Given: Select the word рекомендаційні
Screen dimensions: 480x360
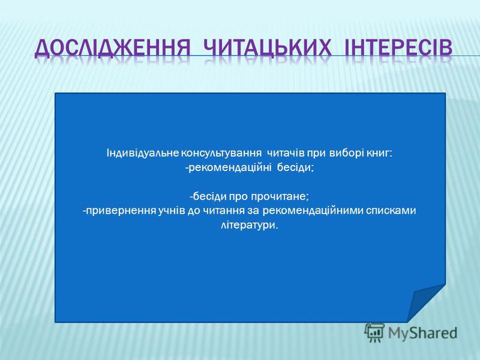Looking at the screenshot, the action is click(x=230, y=168).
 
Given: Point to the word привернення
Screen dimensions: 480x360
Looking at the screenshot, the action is click(x=121, y=211).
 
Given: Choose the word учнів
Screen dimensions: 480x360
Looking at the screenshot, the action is click(x=172, y=211).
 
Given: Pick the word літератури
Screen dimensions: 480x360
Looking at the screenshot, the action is click(x=250, y=226).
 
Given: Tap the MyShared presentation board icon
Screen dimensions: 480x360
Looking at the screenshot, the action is click(x=374, y=333).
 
